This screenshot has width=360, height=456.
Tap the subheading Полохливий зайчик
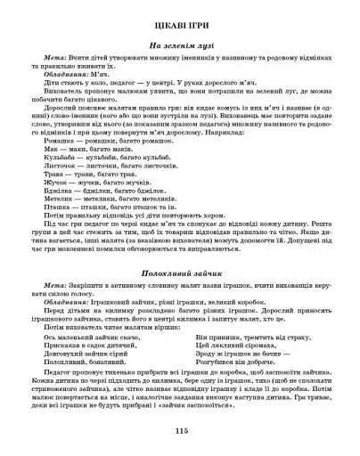(x=179, y=264)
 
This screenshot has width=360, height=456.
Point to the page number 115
(x=181, y=430)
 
